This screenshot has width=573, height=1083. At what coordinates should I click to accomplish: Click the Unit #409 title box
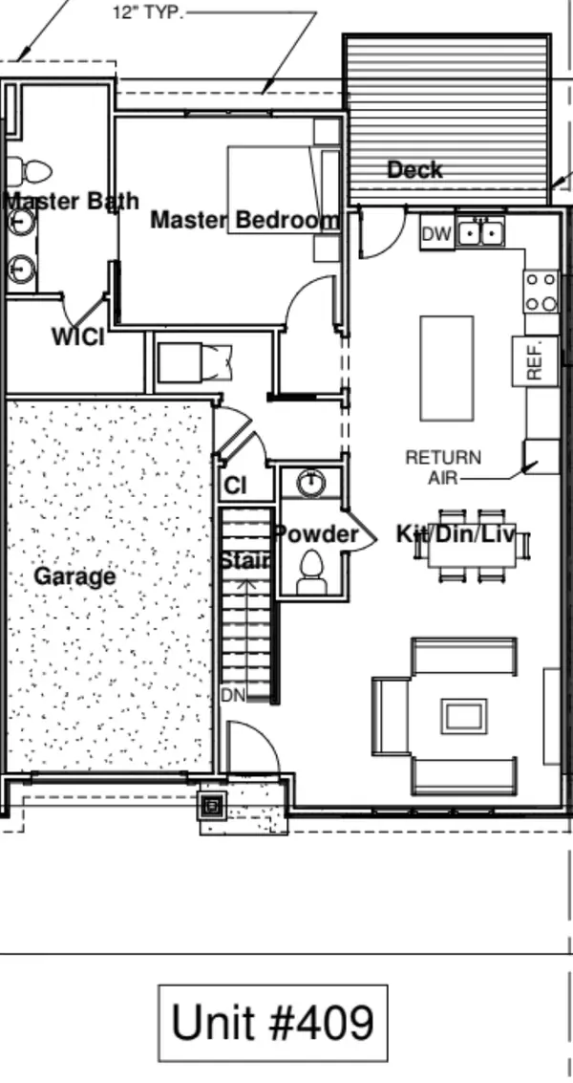(x=273, y=1023)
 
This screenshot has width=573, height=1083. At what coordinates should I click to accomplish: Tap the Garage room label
(x=74, y=576)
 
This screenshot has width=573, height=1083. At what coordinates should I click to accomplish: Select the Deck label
(x=414, y=169)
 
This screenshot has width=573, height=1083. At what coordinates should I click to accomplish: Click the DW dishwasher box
(x=437, y=233)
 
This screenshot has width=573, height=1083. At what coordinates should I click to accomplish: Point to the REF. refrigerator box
(x=535, y=361)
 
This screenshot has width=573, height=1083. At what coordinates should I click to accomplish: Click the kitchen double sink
(x=480, y=233)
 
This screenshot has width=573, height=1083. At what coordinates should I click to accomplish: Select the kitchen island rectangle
(x=447, y=368)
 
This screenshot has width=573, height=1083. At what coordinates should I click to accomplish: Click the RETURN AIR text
(x=443, y=466)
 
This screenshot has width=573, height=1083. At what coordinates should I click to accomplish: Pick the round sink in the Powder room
(x=310, y=482)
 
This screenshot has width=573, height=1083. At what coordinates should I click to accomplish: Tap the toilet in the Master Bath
(x=29, y=170)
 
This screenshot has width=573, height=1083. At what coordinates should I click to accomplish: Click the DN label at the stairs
(x=233, y=695)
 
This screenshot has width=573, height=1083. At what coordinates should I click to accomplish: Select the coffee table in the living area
(x=464, y=716)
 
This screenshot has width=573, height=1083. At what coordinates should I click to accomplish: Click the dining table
(x=472, y=546)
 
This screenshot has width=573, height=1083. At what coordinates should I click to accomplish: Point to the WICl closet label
(x=78, y=337)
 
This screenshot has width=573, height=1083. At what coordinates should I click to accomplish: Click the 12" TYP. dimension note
(x=149, y=12)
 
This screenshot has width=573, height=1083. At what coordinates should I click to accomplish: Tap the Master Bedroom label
(x=245, y=220)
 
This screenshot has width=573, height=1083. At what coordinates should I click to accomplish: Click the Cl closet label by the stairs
(x=236, y=486)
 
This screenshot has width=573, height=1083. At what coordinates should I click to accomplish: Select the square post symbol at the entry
(x=213, y=805)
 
